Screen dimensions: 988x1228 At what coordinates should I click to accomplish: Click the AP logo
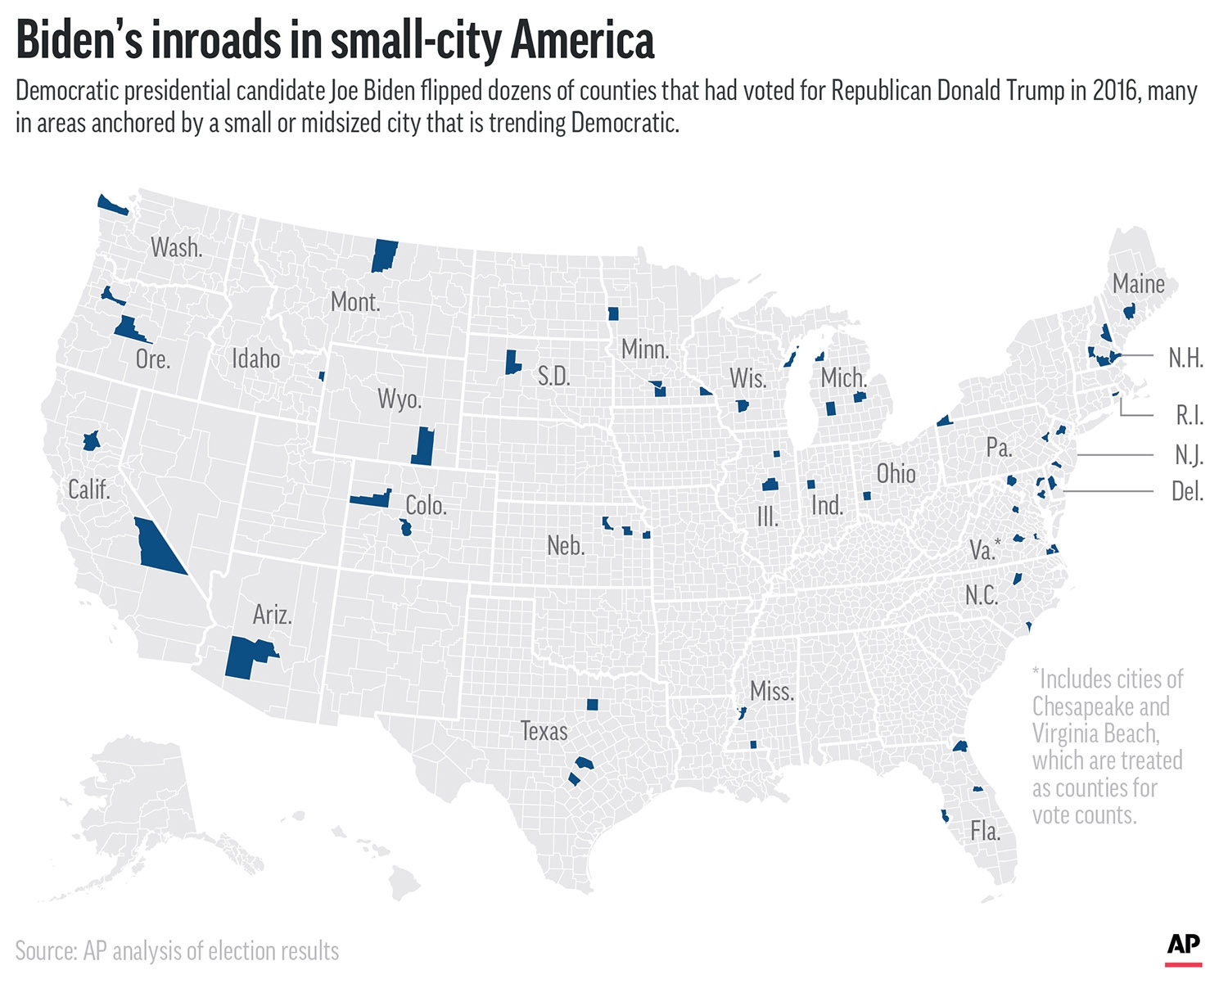[x=1183, y=946]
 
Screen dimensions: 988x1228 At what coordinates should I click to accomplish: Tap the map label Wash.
[x=176, y=247]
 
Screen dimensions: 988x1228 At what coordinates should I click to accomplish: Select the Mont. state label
[x=355, y=302]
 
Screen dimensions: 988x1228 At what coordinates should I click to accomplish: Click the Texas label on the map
[x=544, y=731]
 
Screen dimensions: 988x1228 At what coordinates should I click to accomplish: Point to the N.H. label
[x=1185, y=358]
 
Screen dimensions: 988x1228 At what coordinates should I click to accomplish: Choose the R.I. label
[x=1189, y=415]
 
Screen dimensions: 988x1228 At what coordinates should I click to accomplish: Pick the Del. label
[x=1187, y=491]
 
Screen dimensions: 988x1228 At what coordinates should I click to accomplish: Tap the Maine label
[x=1138, y=284]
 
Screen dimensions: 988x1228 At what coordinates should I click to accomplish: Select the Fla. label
[x=985, y=832]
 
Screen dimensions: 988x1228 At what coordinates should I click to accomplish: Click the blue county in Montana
[x=384, y=255]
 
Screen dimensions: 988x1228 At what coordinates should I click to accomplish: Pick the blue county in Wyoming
[x=422, y=446]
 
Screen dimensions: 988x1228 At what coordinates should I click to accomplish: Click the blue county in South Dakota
[x=512, y=362]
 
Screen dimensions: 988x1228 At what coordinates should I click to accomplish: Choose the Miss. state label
[x=771, y=692]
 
